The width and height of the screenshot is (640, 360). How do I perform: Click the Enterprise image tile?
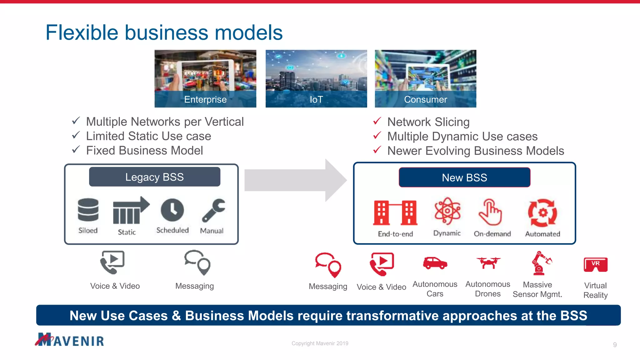click(205, 78)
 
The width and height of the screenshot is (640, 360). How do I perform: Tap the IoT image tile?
click(316, 78)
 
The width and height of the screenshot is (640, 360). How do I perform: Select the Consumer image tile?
click(425, 78)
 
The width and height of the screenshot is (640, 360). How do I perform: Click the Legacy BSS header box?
click(155, 177)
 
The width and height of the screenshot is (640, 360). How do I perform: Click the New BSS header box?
click(464, 177)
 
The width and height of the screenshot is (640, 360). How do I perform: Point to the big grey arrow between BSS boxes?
click(295, 180)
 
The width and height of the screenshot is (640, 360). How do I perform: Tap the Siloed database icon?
click(88, 210)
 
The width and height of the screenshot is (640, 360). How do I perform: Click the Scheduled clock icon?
click(172, 210)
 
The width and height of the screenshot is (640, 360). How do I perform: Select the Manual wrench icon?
click(213, 210)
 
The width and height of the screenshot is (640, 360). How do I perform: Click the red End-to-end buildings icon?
click(395, 213)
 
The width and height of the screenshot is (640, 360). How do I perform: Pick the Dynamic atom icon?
click(447, 211)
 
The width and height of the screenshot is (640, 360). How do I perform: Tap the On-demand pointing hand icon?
click(490, 212)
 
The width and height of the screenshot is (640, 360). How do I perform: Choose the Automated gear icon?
click(542, 213)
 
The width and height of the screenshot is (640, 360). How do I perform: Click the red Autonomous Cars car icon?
click(435, 263)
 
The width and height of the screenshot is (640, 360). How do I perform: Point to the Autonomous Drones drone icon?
click(488, 262)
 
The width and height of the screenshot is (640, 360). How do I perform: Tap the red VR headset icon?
click(595, 264)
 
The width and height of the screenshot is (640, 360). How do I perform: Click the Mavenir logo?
click(70, 340)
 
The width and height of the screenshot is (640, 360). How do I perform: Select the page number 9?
click(615, 345)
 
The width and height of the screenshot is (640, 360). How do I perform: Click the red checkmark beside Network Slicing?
click(377, 121)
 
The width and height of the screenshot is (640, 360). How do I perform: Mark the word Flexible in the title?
click(82, 32)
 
